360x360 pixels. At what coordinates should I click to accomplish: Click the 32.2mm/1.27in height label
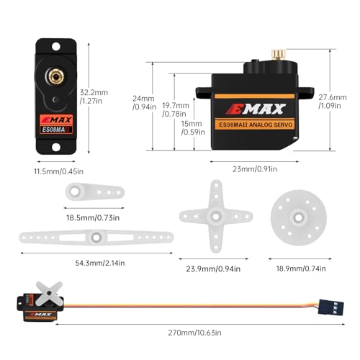(x=94, y=96)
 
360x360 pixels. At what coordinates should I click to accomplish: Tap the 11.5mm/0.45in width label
(x=59, y=171)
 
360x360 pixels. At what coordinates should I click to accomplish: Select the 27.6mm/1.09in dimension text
(x=333, y=102)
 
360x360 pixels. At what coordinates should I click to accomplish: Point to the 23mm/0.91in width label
(x=255, y=169)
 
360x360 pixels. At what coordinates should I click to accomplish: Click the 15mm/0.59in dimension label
(x=193, y=128)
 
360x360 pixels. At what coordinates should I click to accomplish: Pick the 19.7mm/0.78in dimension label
(x=176, y=109)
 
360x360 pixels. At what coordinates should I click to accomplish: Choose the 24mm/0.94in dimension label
(x=144, y=102)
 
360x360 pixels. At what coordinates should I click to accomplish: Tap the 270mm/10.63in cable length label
(x=194, y=333)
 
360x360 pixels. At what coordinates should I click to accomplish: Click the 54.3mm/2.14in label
(x=100, y=263)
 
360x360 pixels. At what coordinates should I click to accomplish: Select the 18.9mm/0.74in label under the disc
(x=301, y=269)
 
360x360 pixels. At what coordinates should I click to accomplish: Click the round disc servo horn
(x=299, y=217)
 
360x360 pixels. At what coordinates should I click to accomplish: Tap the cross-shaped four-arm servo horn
(x=216, y=216)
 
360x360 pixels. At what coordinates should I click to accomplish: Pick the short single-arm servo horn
(x=95, y=192)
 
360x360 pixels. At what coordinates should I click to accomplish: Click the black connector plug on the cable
(x=331, y=307)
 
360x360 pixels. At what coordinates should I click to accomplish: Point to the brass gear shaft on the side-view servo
(x=279, y=55)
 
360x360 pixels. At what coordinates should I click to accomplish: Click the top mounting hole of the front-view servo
(x=56, y=47)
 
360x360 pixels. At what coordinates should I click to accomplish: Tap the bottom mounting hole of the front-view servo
(x=56, y=147)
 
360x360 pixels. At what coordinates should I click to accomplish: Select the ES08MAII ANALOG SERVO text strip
(x=255, y=125)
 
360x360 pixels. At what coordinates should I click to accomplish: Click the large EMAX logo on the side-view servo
(x=256, y=109)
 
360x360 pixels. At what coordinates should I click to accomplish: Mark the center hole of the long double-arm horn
(x=96, y=238)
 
